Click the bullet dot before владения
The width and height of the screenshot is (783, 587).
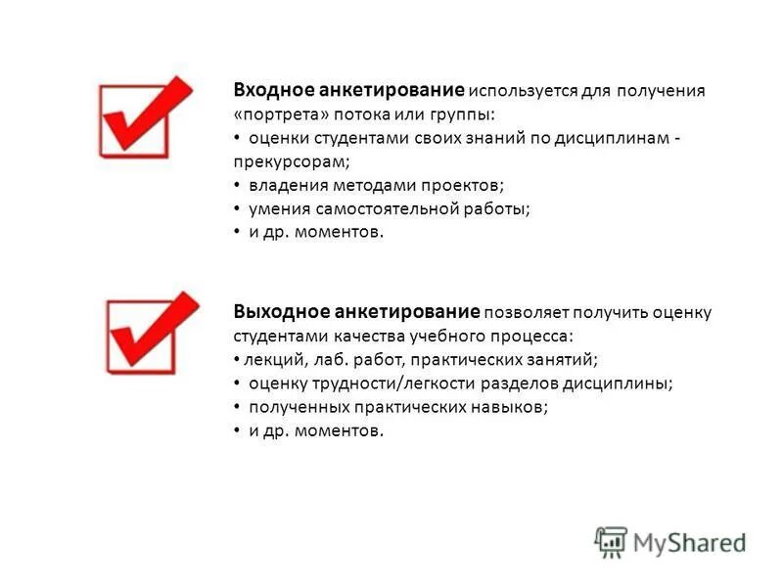238,185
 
